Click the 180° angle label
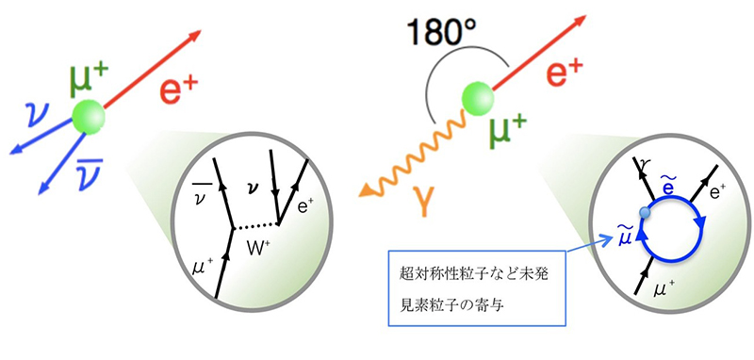click(x=441, y=33)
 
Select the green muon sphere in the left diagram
click(x=88, y=116)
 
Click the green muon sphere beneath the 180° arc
click(x=478, y=99)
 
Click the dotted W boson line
click(x=255, y=226)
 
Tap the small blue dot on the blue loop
click(x=646, y=212)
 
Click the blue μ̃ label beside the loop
click(x=624, y=236)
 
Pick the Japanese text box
click(x=477, y=287)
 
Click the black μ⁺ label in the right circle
click(x=664, y=289)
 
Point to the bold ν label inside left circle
click(x=254, y=187)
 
